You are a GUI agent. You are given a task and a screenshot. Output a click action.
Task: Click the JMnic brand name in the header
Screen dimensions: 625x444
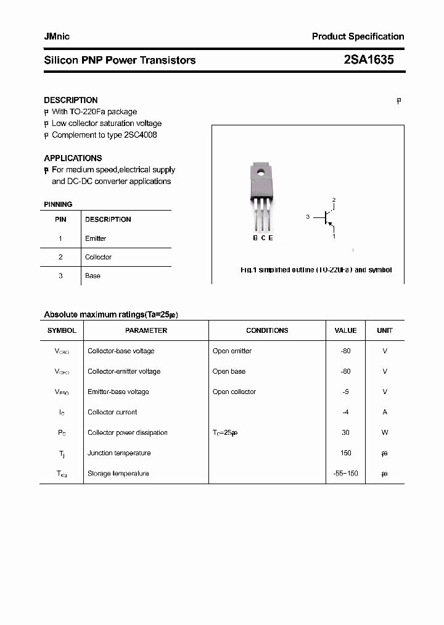click(x=57, y=36)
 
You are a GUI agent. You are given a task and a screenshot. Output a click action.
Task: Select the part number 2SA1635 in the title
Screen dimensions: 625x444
click(x=369, y=60)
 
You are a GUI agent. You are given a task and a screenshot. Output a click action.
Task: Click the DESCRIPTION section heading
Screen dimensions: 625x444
click(x=71, y=100)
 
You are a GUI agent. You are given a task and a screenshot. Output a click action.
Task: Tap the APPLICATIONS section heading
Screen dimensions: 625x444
click(x=73, y=158)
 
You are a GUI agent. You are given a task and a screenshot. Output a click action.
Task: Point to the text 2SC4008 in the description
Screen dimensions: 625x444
click(x=141, y=135)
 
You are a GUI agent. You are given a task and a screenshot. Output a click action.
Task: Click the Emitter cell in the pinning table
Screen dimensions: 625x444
click(x=96, y=238)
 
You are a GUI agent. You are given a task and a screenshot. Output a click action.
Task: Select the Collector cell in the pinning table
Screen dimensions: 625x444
click(x=98, y=257)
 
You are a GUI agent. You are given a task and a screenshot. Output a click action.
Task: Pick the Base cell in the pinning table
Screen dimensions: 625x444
click(x=92, y=275)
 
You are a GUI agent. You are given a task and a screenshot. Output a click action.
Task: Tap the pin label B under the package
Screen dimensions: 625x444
click(x=255, y=238)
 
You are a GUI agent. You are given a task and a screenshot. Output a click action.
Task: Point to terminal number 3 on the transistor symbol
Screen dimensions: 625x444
click(x=307, y=217)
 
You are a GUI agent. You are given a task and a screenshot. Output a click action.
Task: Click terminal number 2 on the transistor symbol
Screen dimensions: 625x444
click(x=334, y=200)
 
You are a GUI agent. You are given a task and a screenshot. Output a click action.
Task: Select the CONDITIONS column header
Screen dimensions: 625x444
click(x=267, y=330)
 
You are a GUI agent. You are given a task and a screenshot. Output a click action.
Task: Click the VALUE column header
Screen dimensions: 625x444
click(x=345, y=330)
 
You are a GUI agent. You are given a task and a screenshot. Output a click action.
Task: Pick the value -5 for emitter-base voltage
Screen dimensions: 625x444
click(x=345, y=392)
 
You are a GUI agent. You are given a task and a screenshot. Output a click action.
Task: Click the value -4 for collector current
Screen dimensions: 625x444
click(x=345, y=412)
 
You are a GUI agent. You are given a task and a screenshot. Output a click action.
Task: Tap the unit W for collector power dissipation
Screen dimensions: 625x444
click(x=384, y=432)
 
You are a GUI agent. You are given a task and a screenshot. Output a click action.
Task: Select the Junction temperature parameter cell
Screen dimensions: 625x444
click(x=119, y=453)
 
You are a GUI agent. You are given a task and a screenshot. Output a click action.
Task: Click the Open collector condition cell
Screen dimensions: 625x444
click(x=234, y=392)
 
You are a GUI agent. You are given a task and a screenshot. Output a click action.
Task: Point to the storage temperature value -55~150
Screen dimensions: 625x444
click(x=345, y=473)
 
